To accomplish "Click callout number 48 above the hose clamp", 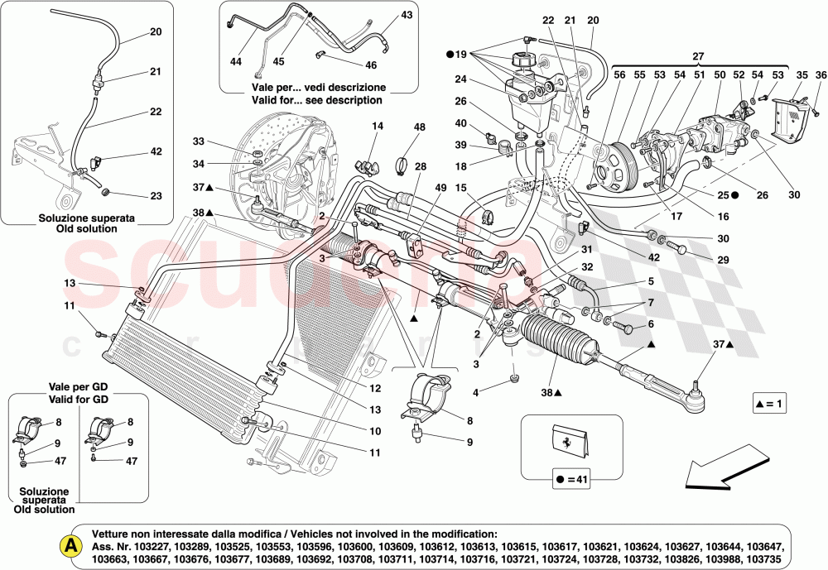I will [420, 127].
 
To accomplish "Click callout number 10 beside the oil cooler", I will [375, 431].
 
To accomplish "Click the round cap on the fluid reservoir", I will [526, 61].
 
